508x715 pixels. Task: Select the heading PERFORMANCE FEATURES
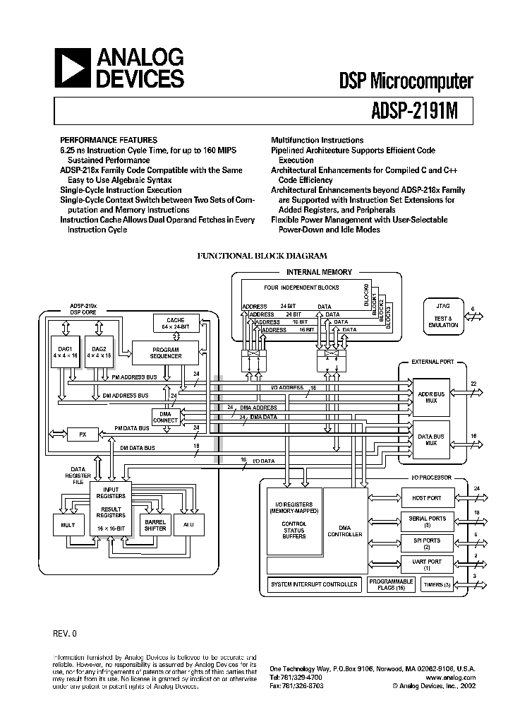108,140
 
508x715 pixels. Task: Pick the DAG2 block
98,352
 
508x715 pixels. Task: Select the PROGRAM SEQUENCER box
166,353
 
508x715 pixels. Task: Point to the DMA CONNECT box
166,417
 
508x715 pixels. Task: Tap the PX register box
83,433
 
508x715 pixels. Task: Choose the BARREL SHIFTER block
155,524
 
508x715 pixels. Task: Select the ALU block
188,524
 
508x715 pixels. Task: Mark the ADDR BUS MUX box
431,396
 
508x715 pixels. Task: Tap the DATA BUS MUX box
431,439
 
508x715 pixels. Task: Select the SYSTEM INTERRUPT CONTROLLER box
315,584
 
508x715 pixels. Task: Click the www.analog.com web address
451,677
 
